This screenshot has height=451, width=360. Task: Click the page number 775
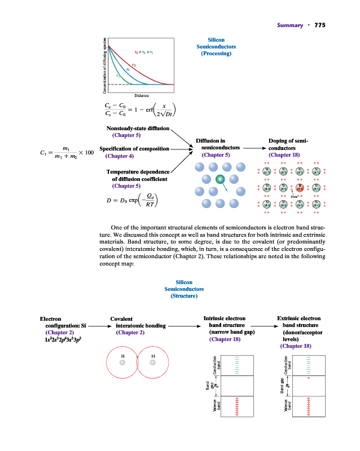click(x=320, y=25)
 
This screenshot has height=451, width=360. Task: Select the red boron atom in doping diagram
click(x=300, y=189)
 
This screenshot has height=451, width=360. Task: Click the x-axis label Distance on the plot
click(x=141, y=95)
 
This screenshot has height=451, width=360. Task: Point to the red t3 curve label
click(x=134, y=64)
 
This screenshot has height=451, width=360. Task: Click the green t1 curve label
click(x=117, y=75)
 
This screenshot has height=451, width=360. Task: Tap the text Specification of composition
click(x=134, y=148)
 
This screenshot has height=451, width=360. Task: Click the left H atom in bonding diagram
click(x=122, y=363)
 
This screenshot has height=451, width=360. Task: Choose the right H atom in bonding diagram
click(x=153, y=363)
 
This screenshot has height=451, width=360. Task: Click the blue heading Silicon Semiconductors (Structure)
click(x=184, y=289)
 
